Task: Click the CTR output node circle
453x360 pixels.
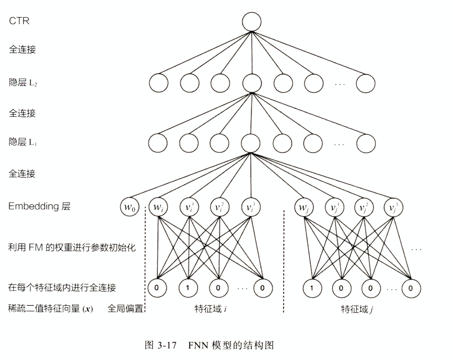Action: (x=252, y=22)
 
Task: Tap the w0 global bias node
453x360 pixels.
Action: (x=130, y=207)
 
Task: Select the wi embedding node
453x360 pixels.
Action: (x=158, y=207)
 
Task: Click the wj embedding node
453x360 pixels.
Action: (x=304, y=208)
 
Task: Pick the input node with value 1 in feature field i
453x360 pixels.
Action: (x=188, y=288)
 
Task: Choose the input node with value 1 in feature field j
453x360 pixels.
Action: (x=312, y=288)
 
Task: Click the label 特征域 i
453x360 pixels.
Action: (x=211, y=309)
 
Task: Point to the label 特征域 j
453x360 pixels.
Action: (x=357, y=309)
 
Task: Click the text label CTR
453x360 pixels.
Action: (x=19, y=21)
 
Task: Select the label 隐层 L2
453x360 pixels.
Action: (x=23, y=83)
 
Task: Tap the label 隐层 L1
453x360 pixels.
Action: (x=23, y=142)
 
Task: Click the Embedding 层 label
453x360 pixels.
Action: (x=39, y=206)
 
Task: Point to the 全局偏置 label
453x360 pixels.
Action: (x=125, y=308)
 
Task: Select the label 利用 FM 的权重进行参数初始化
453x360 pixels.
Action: (x=72, y=248)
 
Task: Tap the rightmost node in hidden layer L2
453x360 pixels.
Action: (x=366, y=83)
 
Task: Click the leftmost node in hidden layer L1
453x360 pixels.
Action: (x=158, y=143)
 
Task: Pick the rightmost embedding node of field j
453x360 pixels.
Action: (x=393, y=208)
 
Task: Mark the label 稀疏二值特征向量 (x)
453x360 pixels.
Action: (x=51, y=308)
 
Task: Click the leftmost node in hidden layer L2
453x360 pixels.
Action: (x=159, y=83)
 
